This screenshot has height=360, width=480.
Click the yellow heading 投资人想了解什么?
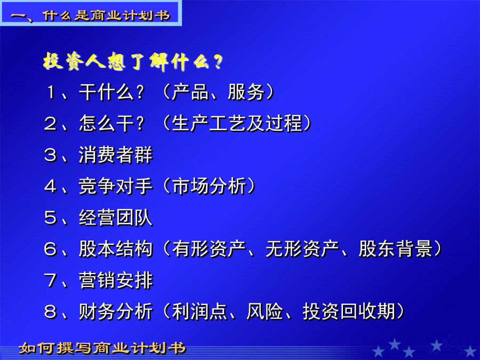click(132, 61)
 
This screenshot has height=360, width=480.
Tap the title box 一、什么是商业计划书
click(91, 13)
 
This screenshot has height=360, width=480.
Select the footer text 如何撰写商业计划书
click(102, 348)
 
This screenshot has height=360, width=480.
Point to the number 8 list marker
click(51, 311)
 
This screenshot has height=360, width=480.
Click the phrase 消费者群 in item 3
click(116, 155)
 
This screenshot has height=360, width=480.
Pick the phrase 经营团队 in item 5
click(116, 218)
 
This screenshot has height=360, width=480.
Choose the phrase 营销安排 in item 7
click(116, 280)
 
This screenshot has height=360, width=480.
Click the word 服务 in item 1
click(246, 92)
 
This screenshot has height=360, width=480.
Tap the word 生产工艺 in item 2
click(209, 123)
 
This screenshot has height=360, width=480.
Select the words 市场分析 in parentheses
click(209, 186)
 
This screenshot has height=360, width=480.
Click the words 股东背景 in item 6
click(396, 249)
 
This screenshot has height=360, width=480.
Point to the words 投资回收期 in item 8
click(349, 311)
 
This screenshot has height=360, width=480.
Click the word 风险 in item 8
click(265, 311)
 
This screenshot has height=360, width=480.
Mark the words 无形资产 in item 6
click(302, 249)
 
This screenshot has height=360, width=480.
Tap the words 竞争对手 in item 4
click(116, 186)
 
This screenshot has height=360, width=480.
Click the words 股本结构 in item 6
click(116, 249)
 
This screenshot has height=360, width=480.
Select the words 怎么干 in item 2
click(107, 123)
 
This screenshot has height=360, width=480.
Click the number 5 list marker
click(51, 218)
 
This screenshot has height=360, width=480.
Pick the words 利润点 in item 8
click(199, 311)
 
